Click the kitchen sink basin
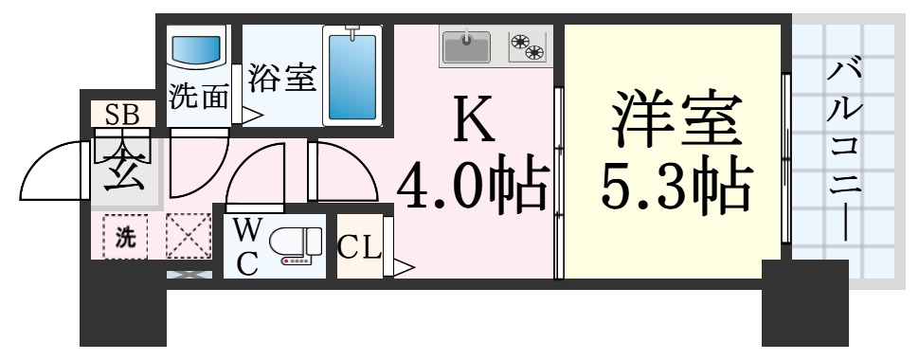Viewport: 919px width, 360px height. [466, 45]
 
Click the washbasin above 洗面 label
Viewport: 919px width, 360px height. [197, 48]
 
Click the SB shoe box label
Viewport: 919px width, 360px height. [122, 115]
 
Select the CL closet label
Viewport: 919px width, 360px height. [359, 249]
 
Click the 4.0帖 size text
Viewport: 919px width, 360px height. [471, 187]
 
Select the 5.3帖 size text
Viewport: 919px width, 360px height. [674, 186]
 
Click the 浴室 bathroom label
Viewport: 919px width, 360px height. [281, 80]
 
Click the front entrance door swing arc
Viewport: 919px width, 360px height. [52, 171]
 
